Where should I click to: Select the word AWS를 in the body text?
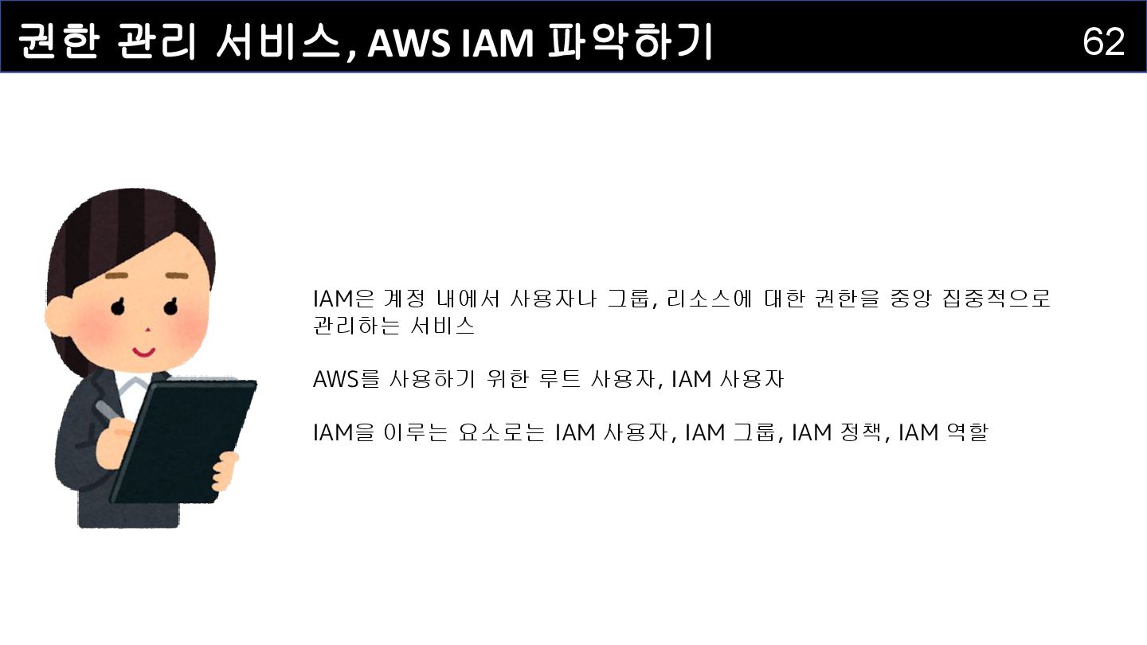click(346, 380)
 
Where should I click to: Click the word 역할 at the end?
click(965, 433)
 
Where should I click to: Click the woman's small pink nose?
click(147, 330)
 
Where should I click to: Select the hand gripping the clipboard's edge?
click(226, 471)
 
